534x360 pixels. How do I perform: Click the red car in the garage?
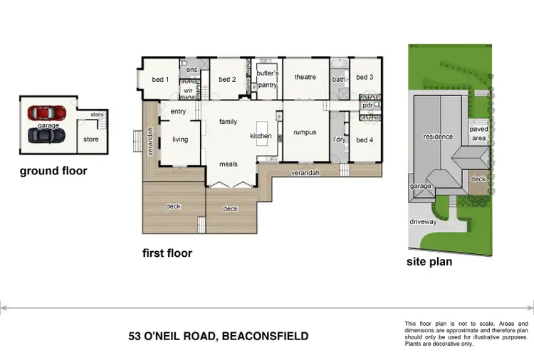[46, 112]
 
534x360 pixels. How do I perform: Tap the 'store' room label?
[90, 139]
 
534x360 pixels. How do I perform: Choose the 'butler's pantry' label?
[268, 79]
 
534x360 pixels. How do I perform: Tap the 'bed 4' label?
[364, 139]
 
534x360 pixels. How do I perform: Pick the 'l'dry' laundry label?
[339, 139]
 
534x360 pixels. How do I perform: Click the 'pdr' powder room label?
[368, 105]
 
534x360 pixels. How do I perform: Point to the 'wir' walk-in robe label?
[189, 91]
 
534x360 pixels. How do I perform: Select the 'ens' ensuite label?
[192, 70]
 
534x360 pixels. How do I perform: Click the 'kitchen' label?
[261, 136]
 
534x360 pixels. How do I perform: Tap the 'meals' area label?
[229, 164]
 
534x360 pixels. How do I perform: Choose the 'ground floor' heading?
[53, 171]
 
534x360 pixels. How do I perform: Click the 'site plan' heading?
[429, 261]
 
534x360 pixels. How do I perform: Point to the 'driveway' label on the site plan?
[423, 222]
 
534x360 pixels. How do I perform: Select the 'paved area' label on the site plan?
[478, 133]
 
